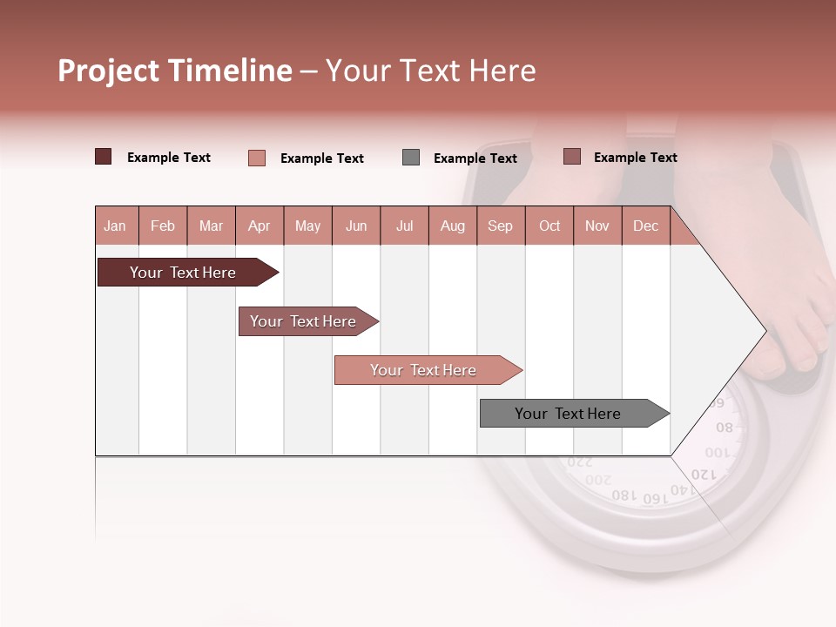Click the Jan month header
coord(115,226)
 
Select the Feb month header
coord(163,226)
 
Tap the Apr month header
coord(259,226)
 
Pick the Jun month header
coord(356,226)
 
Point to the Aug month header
coord(452,226)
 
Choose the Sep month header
coord(500,226)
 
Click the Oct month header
coord(549,226)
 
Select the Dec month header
coord(645,226)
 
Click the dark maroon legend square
coord(104,157)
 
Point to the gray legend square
coord(411,158)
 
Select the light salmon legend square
coord(257,158)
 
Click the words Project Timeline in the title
coord(174,71)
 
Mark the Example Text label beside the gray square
coord(475,158)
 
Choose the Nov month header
coord(597,226)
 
